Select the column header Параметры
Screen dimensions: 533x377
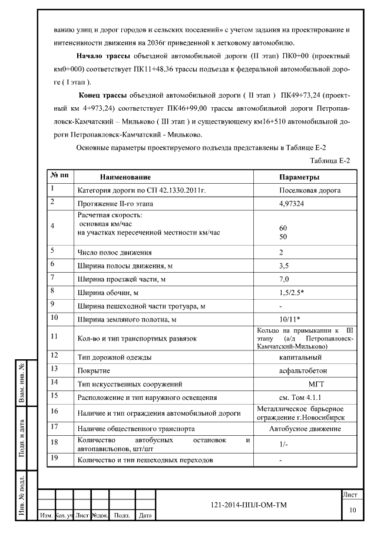[x=299, y=177]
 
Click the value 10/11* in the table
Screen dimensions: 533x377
[x=290, y=319]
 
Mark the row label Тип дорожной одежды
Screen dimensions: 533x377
[x=115, y=357]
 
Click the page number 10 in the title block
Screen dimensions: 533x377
[x=353, y=509]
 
